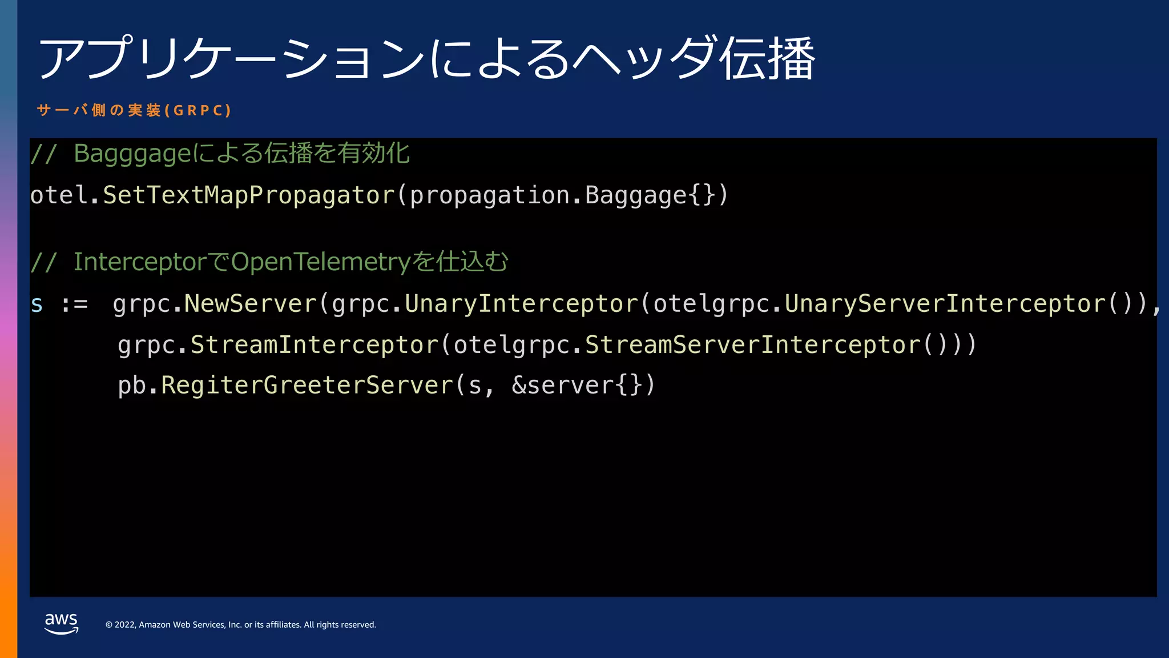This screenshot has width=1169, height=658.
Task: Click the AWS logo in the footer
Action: pyautogui.click(x=61, y=623)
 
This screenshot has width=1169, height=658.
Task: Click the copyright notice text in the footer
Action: pyautogui.click(x=240, y=625)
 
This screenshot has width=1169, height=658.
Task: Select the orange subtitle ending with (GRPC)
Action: pyautogui.click(x=134, y=110)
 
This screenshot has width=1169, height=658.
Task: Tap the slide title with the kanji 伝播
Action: pyautogui.click(x=426, y=58)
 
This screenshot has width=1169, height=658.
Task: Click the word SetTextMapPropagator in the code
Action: pyautogui.click(x=249, y=195)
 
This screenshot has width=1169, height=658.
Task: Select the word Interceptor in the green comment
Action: pyautogui.click(x=139, y=262)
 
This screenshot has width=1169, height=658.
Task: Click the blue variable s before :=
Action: pyautogui.click(x=37, y=304)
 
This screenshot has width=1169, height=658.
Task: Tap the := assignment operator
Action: pyautogui.click(x=75, y=304)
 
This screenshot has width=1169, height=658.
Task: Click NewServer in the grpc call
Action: pyautogui.click(x=250, y=304)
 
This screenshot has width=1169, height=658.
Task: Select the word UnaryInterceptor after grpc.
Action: pyautogui.click(x=521, y=304)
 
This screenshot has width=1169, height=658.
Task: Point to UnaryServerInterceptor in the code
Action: pyautogui.click(x=945, y=304)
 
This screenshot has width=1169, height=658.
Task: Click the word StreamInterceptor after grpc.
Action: pyautogui.click(x=314, y=345)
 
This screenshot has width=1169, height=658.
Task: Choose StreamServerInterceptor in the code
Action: pyautogui.click(x=753, y=345)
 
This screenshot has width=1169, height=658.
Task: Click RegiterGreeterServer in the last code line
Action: pyautogui.click(x=307, y=386)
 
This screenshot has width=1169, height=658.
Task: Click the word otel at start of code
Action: pyautogui.click(x=59, y=195)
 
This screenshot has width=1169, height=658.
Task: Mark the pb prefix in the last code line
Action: pyautogui.click(x=131, y=386)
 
